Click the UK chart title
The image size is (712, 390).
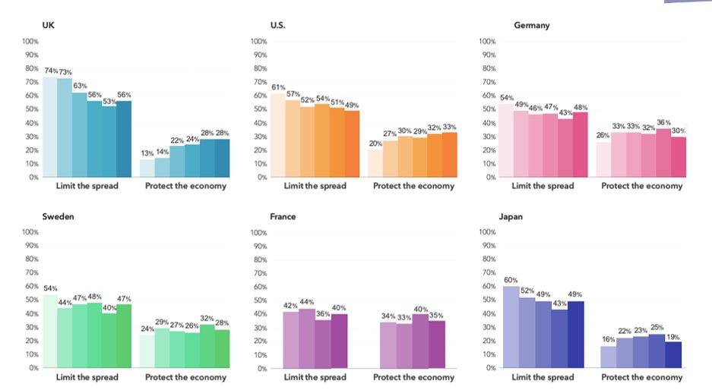coord(48,25)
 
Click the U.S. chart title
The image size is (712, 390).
coord(278,25)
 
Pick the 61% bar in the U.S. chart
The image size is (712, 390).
coord(277,136)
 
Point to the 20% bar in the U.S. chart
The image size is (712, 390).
coord(375,163)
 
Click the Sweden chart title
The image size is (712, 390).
coord(58,216)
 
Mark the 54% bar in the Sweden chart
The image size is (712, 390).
coord(49,331)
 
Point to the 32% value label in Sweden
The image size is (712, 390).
coord(207,318)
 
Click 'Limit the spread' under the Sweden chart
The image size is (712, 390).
coord(87,377)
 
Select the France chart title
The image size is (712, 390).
coord(283,216)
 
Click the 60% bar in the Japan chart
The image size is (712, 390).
coord(511,327)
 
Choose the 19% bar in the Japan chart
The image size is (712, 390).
coord(672,355)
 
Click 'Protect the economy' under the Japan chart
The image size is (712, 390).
coord(645,377)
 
